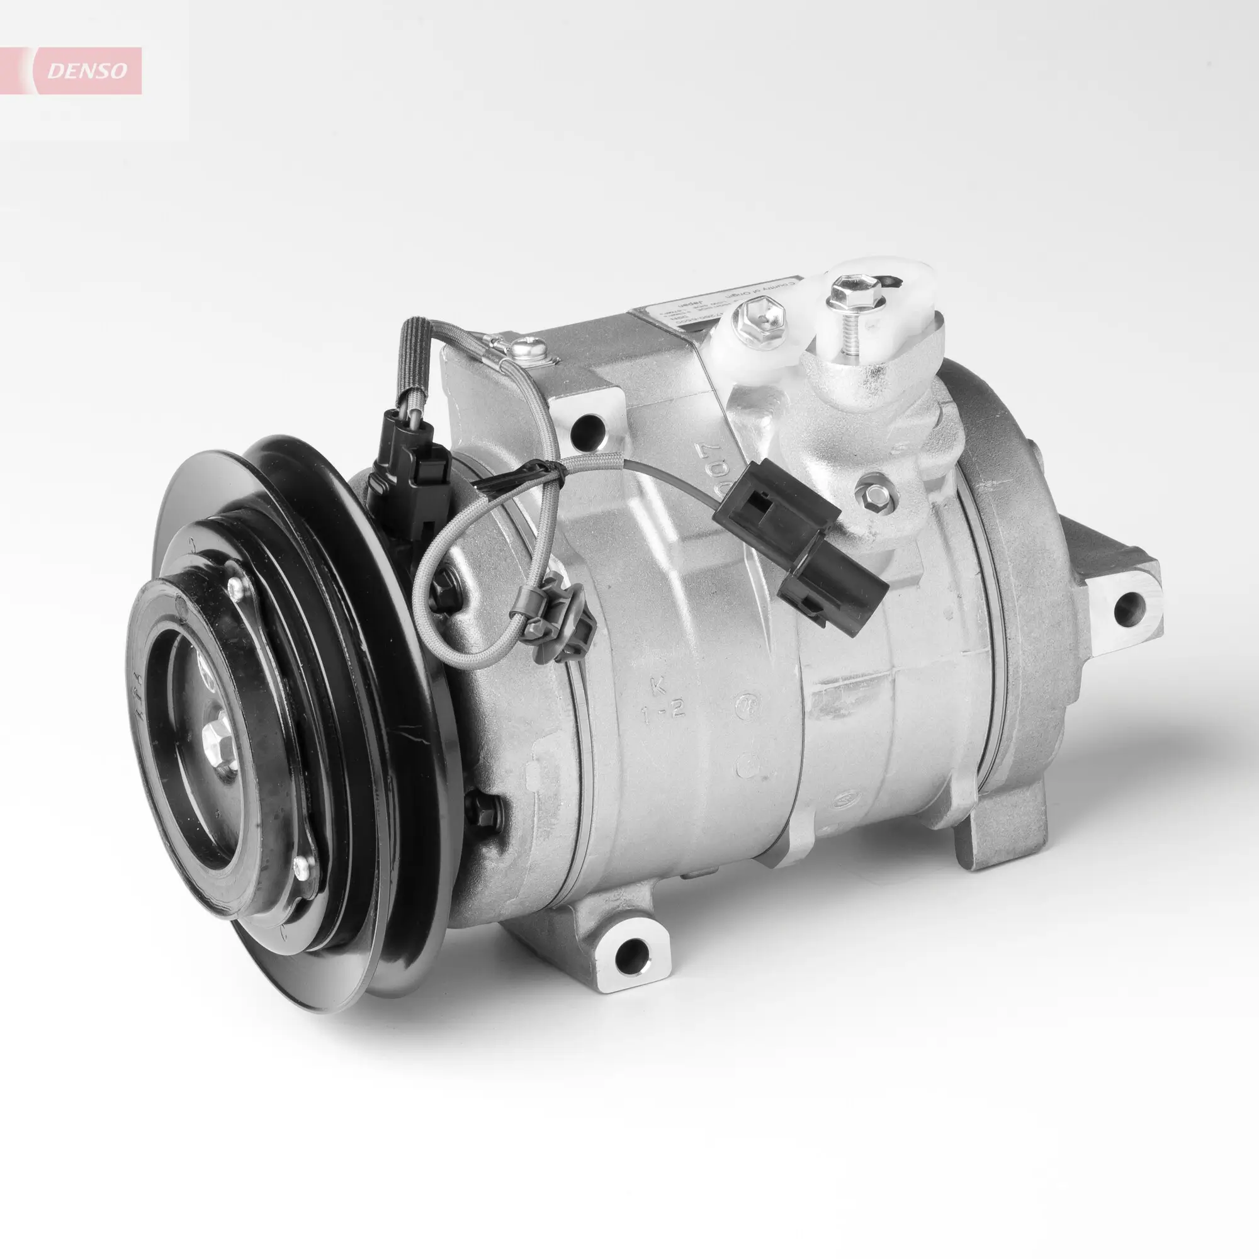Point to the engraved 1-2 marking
click(x=662, y=712)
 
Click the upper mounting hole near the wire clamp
click(x=589, y=428)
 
